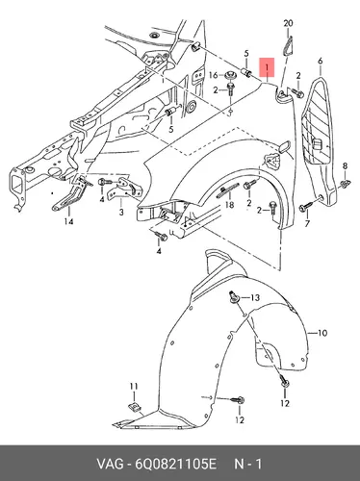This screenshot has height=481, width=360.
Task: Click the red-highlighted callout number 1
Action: tap(267, 67)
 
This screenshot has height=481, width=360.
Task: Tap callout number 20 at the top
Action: tap(288, 23)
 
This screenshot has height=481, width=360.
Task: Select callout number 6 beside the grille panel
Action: tap(321, 61)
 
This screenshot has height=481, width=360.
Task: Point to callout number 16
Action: tap(214, 75)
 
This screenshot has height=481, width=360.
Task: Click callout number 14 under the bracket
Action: tap(68, 221)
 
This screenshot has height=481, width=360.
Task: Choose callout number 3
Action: tap(121, 212)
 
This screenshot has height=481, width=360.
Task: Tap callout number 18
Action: tap(230, 205)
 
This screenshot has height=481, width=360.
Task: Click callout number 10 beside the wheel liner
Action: tap(322, 333)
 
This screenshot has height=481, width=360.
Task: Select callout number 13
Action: tap(255, 298)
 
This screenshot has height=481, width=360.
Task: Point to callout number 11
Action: tap(134, 386)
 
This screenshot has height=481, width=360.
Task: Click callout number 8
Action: tap(345, 166)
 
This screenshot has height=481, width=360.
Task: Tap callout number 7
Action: tap(307, 223)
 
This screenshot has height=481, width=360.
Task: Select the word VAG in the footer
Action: tap(110, 464)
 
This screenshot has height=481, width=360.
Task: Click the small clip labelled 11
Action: tap(134, 408)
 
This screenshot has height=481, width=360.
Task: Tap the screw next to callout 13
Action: tap(234, 298)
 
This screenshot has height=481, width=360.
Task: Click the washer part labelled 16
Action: tap(229, 75)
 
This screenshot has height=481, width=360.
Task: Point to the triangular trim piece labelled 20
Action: tap(288, 46)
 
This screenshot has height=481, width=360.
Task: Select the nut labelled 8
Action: tap(346, 184)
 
